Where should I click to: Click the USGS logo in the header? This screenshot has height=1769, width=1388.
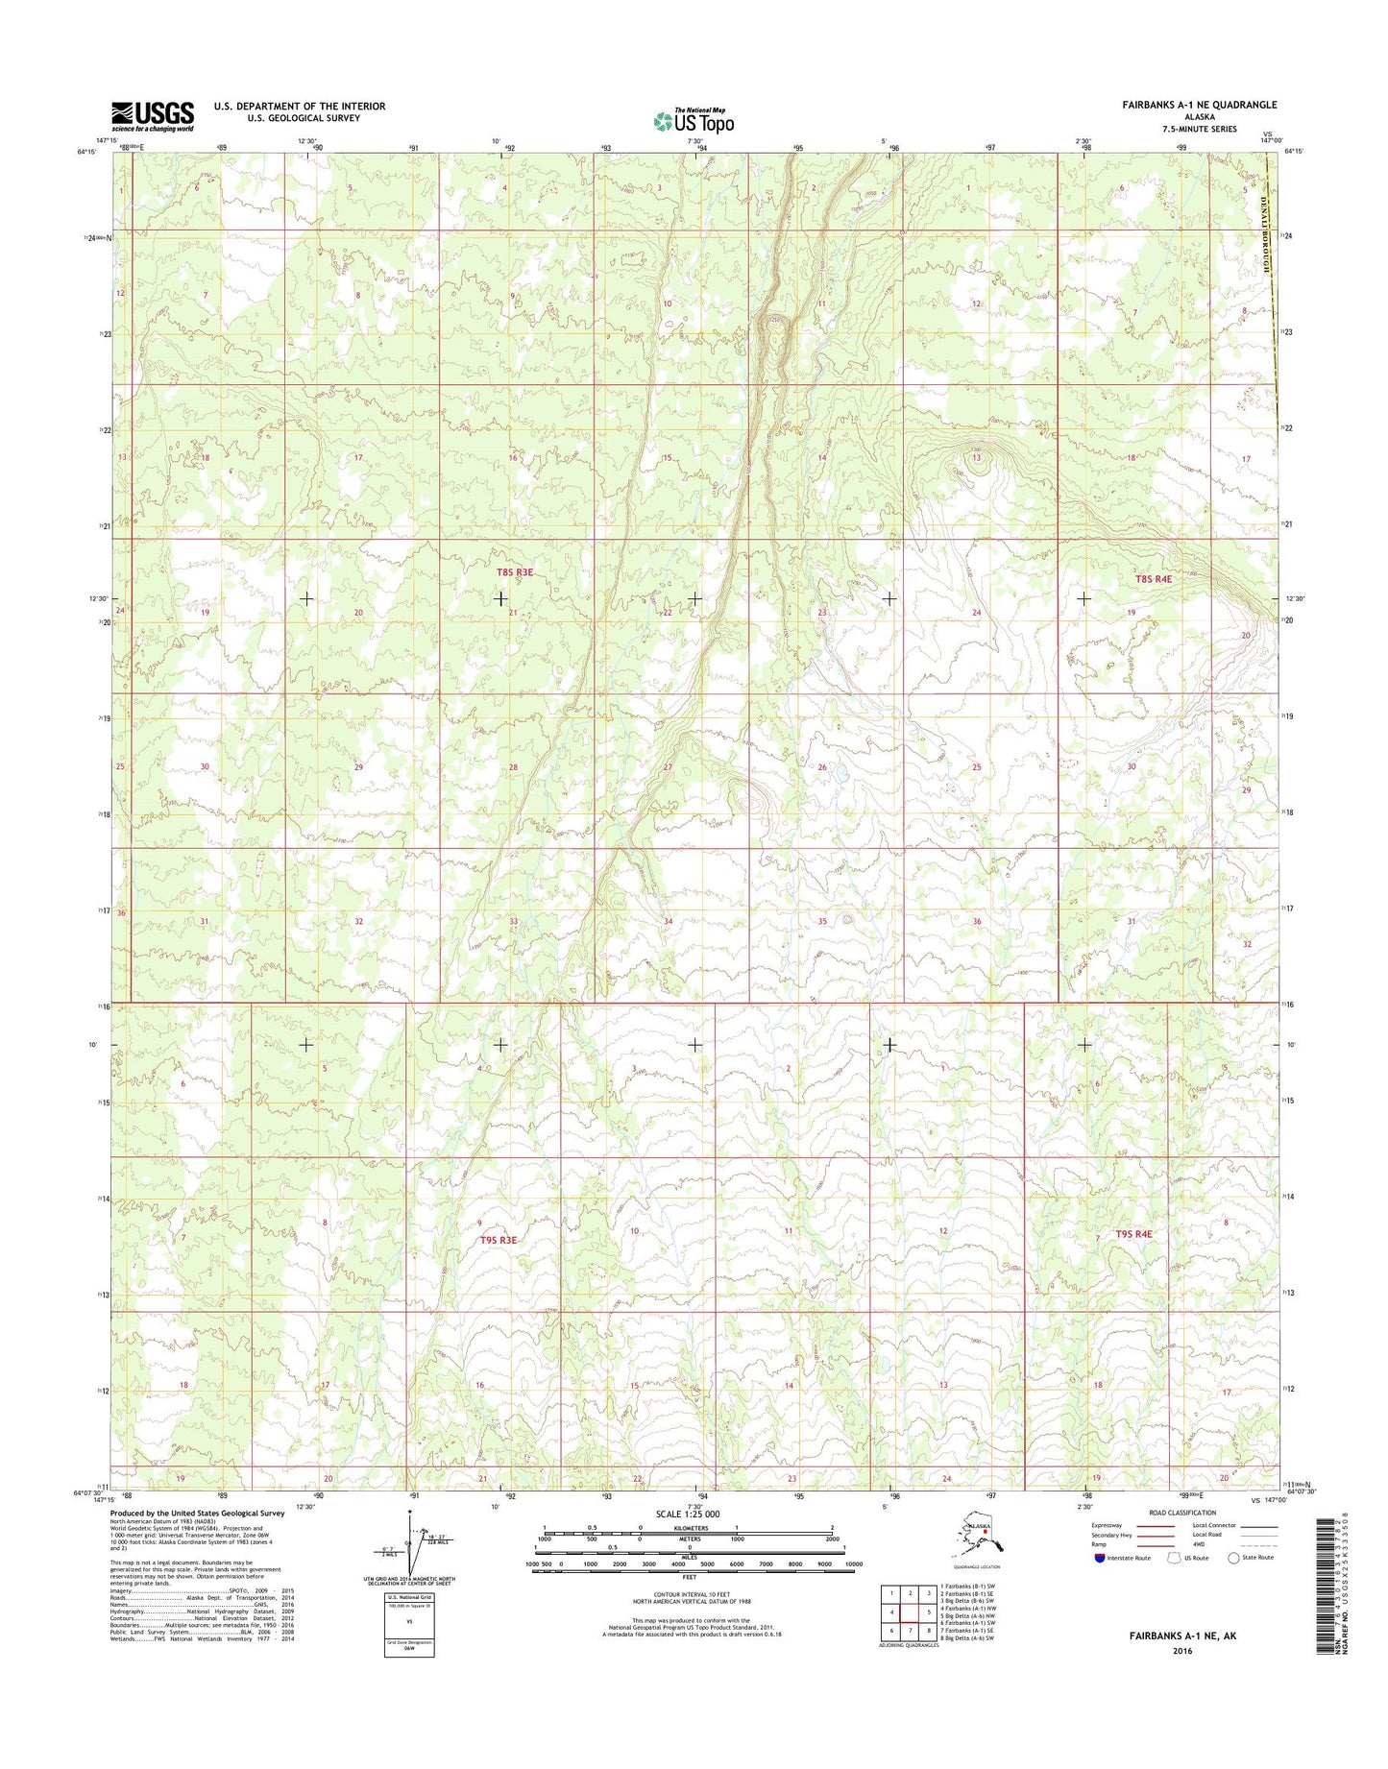(x=152, y=116)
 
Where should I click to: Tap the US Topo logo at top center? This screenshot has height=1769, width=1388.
(x=694, y=121)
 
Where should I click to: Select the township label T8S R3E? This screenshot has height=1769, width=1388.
(x=514, y=572)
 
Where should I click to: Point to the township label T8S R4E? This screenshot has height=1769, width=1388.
(x=1154, y=579)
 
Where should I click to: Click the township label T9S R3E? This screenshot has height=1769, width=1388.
(x=498, y=1240)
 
